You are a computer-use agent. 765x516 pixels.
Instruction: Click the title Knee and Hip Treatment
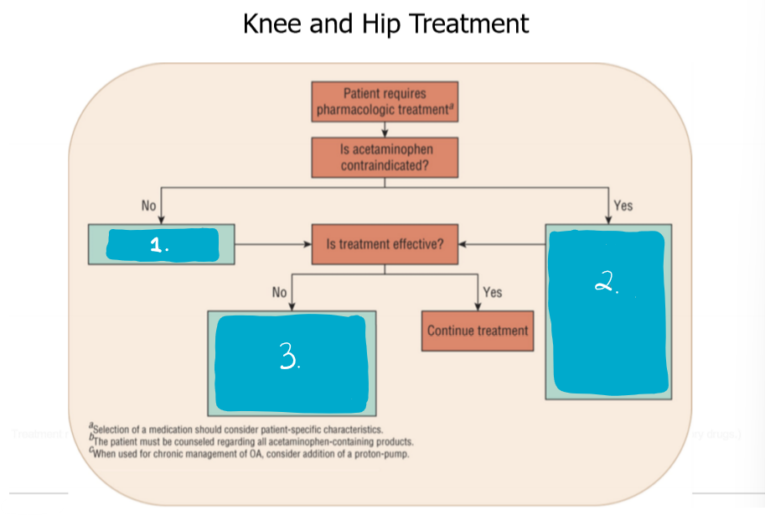[x=385, y=23]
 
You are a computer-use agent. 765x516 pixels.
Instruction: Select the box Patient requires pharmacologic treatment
[x=385, y=102]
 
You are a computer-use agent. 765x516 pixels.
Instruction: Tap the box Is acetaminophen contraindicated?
[x=385, y=157]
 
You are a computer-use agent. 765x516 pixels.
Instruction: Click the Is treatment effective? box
[x=385, y=245]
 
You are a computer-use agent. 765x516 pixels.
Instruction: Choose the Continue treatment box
[x=478, y=330]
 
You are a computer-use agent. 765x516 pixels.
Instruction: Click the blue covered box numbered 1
[x=161, y=245]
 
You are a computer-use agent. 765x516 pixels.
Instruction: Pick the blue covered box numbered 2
[x=608, y=310]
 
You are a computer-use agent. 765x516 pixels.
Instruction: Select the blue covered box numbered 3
[x=292, y=359]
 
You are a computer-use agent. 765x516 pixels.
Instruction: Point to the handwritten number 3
[x=289, y=360]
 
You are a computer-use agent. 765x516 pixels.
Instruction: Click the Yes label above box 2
[x=623, y=206]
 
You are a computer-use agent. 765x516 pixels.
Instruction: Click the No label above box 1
[x=149, y=206]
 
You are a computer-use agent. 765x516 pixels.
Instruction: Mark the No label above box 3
[x=280, y=292]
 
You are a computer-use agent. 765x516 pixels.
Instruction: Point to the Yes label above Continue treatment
[x=493, y=292]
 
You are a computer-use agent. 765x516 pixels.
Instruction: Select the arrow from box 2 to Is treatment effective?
[x=501, y=245]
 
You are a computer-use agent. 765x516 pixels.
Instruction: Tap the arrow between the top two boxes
[x=385, y=129]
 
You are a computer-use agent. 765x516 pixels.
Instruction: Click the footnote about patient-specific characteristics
[x=239, y=430]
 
